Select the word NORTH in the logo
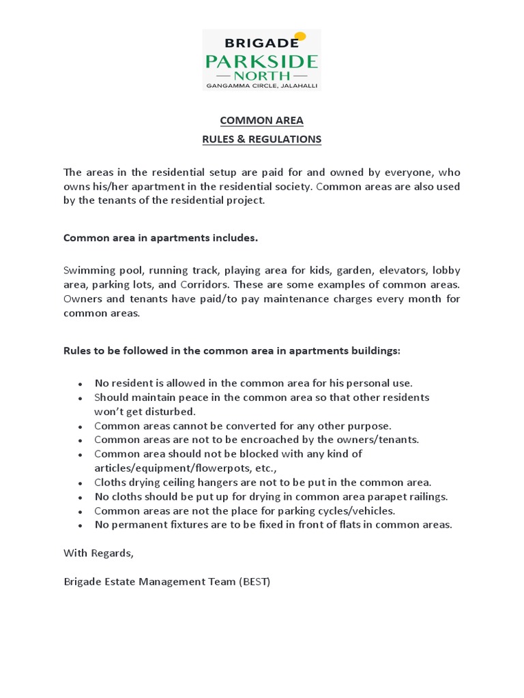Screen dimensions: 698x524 click(261, 75)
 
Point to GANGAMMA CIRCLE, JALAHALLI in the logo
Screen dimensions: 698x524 click(261, 86)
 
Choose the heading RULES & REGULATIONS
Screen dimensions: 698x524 click(261, 139)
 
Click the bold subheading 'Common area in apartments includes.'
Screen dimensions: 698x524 click(161, 238)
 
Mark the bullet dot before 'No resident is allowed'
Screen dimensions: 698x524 click(81, 384)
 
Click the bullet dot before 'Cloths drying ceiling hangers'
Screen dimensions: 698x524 click(81, 483)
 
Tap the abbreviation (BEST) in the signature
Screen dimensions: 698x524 click(254, 581)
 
